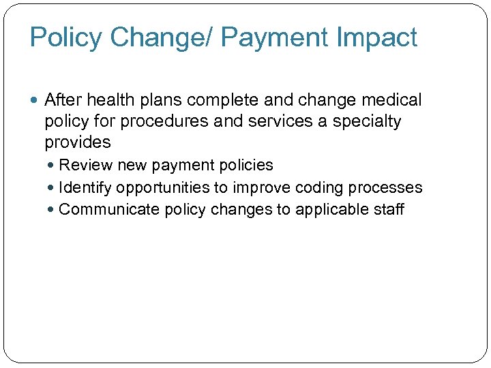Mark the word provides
(77, 142)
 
